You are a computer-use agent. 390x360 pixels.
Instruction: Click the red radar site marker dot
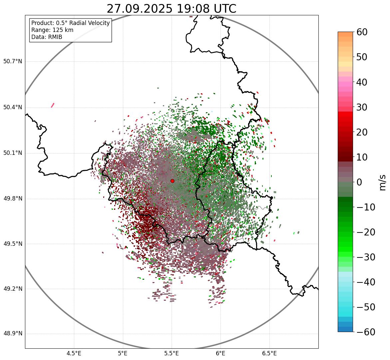tap(172, 181)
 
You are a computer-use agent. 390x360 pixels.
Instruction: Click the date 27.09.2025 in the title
tap(140, 9)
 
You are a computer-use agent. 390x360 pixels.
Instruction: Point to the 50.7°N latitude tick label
tap(13, 61)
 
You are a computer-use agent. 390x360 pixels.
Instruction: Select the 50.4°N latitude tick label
tap(13, 107)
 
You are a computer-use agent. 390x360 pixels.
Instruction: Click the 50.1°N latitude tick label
tap(13, 153)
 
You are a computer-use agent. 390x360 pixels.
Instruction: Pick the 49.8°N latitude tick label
tap(13, 199)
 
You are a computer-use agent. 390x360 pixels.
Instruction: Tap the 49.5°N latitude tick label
tap(13, 244)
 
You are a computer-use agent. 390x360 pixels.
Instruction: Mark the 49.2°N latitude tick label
tap(13, 289)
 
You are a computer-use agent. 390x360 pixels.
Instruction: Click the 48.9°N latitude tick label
tap(13, 334)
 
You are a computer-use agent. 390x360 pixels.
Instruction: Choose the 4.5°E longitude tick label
tap(74, 353)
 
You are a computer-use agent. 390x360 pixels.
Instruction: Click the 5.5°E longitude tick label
tap(172, 353)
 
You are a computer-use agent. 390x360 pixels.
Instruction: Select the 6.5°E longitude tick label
tap(269, 353)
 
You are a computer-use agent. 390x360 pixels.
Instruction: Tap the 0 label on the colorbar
tap(359, 182)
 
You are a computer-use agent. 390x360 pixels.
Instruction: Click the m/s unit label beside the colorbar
tap(383, 182)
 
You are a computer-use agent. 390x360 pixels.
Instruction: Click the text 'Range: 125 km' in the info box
tap(52, 30)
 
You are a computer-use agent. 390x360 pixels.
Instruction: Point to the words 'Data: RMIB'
tap(47, 37)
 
